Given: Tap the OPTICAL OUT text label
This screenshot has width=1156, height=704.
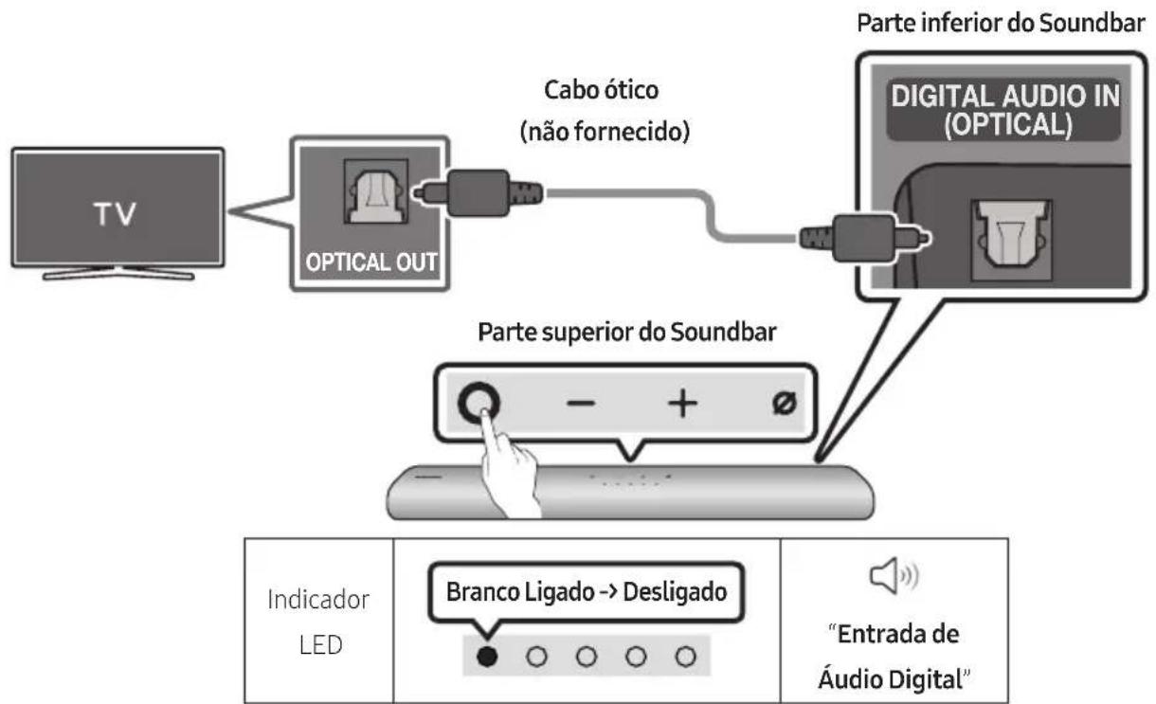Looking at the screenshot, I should click(x=366, y=262).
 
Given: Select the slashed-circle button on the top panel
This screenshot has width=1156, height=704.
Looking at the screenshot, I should click(x=783, y=404).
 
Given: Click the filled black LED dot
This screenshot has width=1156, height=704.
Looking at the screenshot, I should click(x=486, y=656).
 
